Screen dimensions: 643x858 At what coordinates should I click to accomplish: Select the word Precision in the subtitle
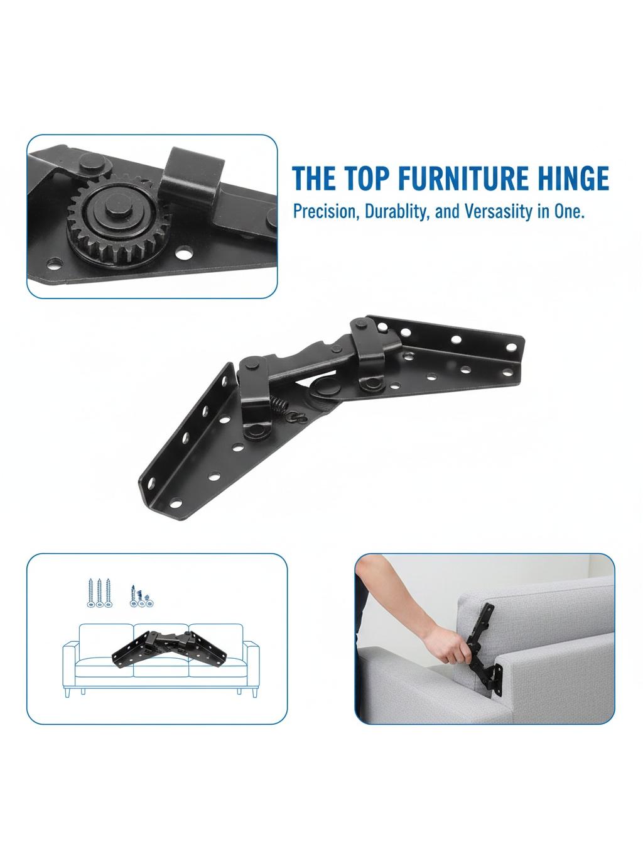[x=327, y=211]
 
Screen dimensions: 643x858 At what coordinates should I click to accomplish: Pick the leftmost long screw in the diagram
[x=90, y=593]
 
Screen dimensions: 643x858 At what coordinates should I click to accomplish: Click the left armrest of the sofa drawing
[x=70, y=665]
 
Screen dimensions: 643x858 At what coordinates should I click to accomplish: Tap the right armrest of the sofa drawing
[x=252, y=665]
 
